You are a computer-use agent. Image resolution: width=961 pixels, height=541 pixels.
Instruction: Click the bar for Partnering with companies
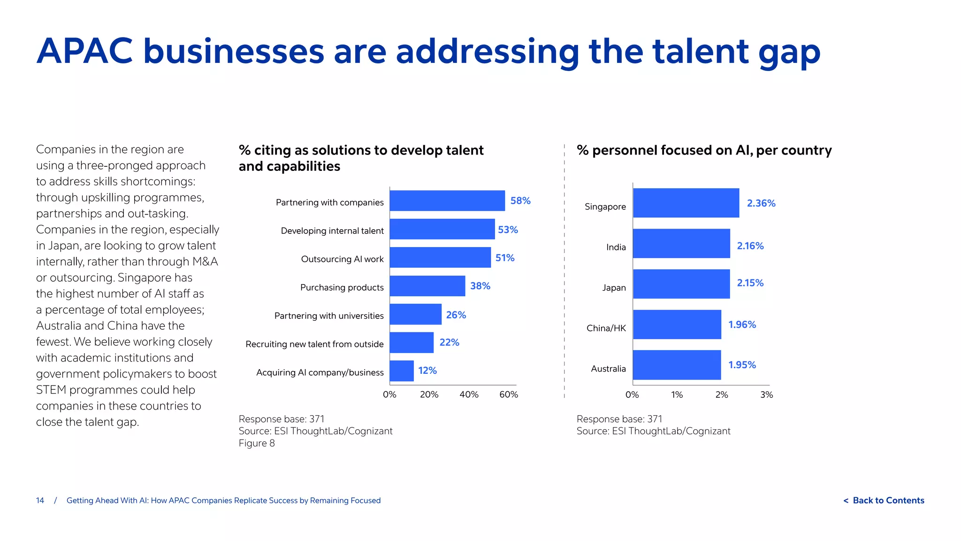447,201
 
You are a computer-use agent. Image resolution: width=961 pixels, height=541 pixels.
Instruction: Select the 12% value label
427,371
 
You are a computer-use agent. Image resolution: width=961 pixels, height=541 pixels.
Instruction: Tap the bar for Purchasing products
427,286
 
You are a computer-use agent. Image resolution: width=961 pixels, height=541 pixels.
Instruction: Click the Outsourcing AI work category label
342,259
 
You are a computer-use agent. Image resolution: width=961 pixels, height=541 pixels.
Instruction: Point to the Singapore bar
686,203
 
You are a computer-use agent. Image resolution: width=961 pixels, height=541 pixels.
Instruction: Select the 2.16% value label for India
750,246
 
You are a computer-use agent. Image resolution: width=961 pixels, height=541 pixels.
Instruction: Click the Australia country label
608,369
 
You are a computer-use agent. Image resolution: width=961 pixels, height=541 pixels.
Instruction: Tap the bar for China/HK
677,325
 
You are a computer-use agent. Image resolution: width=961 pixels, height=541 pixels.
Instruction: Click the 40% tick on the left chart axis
469,394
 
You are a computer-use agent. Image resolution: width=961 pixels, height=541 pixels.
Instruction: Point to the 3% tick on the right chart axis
766,395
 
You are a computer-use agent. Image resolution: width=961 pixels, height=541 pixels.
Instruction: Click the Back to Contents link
884,501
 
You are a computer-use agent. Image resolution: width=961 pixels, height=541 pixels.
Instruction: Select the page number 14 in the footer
40,501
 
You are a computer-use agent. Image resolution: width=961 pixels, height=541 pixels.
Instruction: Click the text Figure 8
257,443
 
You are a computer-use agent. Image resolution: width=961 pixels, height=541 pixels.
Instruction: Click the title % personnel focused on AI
704,150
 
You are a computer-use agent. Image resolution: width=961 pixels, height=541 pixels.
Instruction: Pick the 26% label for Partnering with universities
456,315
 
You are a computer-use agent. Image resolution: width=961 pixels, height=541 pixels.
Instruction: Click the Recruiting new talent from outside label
314,344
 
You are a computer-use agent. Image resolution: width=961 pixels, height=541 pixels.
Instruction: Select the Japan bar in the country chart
681,284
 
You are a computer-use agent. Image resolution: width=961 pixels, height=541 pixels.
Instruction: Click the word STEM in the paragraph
51,390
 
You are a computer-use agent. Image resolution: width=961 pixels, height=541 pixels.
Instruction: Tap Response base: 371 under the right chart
619,419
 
